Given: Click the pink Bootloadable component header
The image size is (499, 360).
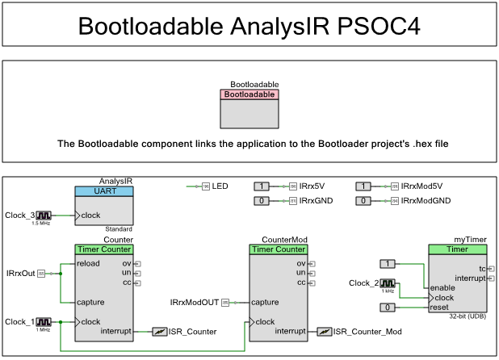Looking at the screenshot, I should point(249,94).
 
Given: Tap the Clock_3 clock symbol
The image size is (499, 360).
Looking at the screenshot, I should point(43,216).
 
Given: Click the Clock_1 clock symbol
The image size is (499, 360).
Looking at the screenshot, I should point(43,321).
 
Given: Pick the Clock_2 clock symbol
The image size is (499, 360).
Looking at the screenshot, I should point(388,283).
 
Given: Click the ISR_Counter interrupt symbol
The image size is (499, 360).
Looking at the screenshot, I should point(160,331).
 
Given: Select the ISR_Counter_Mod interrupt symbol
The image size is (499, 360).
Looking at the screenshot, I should point(324,331).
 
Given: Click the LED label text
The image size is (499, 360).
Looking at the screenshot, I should point(220,186).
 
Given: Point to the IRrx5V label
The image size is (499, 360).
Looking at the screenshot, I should point(312,186).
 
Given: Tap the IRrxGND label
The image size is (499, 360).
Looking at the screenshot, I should point(316,200).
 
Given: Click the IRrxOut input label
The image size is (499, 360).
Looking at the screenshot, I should point(21,274).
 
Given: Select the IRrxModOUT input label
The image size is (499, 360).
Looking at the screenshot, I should point(195,302).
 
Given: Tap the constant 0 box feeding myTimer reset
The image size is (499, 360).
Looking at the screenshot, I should point(388,307).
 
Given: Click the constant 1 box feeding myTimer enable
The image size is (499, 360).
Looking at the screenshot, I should point(388,264).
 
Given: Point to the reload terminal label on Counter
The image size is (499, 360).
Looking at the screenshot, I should point(89,264).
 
